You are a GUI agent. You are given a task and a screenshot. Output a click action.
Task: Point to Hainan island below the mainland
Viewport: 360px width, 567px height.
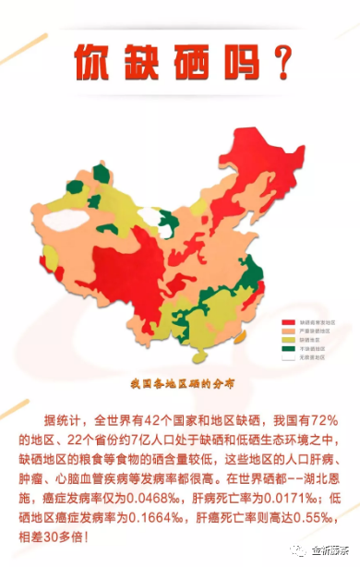196,352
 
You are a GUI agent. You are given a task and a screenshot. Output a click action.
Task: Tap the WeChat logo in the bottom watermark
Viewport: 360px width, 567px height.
295,549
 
